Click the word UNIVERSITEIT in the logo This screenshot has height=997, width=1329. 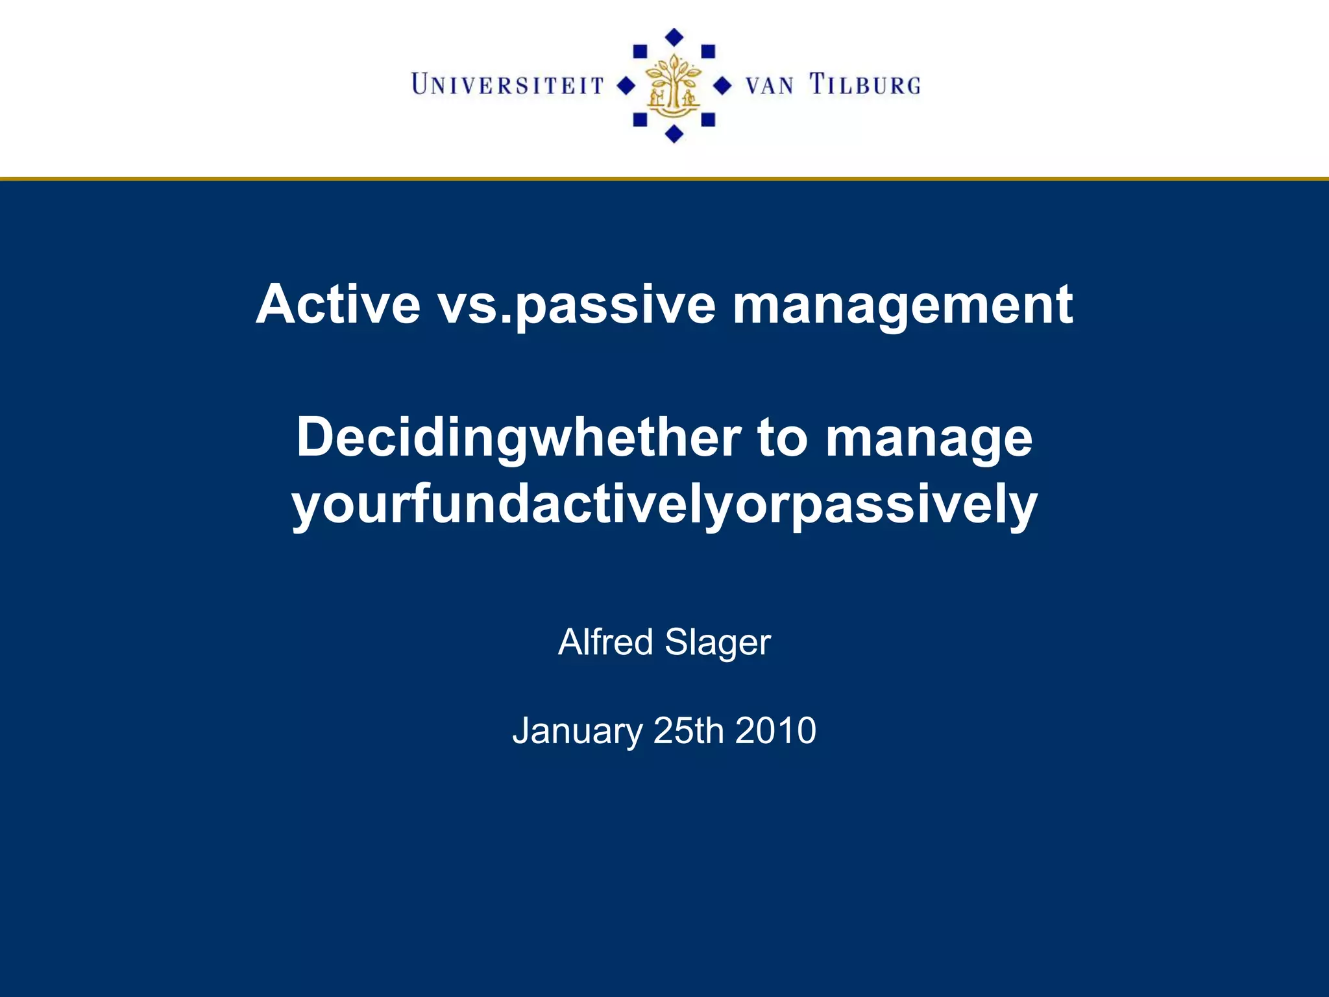click(x=507, y=85)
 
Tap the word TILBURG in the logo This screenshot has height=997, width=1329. click(x=864, y=85)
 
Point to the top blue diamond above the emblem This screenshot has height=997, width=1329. click(x=675, y=37)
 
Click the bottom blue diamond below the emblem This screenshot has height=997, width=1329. click(x=674, y=134)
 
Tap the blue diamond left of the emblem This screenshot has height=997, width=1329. click(x=625, y=85)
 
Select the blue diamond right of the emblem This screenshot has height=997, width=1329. click(x=722, y=85)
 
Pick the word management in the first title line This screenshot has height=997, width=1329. click(x=902, y=305)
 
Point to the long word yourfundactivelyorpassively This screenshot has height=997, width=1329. click(x=664, y=505)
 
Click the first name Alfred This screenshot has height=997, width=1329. click(x=605, y=642)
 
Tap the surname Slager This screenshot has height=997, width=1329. click(x=717, y=643)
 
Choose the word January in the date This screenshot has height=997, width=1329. click(x=577, y=732)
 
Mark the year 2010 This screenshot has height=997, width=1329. click(x=775, y=730)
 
